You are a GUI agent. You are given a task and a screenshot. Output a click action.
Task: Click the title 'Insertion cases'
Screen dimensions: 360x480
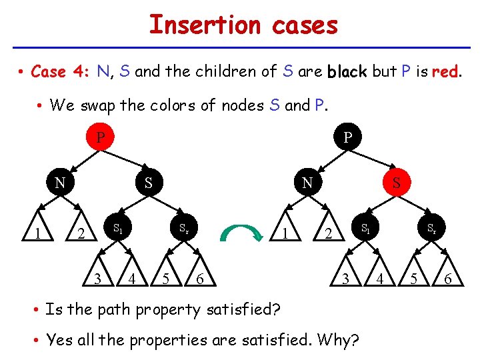tap(243, 25)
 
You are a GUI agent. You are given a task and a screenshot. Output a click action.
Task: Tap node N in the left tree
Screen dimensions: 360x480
tap(59, 181)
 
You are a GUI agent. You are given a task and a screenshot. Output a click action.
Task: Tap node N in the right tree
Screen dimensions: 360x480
tap(306, 181)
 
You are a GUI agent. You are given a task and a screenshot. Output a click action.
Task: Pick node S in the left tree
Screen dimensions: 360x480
tap(149, 181)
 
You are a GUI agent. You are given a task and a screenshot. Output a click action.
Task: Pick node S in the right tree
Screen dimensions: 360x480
tap(396, 181)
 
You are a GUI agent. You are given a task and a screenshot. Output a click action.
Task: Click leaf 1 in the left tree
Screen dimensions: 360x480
tap(39, 233)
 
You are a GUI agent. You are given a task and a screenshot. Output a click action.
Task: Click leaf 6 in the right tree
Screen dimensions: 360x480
tap(448, 279)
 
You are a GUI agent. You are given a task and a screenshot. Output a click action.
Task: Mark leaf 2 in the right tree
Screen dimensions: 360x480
tap(327, 233)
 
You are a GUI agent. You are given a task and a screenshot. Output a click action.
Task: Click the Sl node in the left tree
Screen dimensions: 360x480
tap(117, 229)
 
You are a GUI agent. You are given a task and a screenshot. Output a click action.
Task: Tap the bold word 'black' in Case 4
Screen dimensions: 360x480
tap(347, 72)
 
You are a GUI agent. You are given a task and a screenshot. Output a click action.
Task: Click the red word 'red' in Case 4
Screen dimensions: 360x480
tap(445, 72)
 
